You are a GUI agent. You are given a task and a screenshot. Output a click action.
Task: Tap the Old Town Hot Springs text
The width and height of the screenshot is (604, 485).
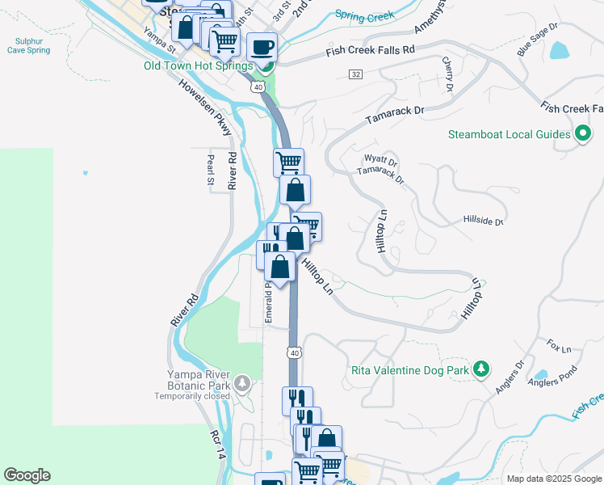tap(198, 66)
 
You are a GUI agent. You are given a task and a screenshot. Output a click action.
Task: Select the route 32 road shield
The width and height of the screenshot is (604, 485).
tap(355, 74)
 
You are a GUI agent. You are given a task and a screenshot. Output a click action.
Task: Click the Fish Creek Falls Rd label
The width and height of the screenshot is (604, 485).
tap(370, 51)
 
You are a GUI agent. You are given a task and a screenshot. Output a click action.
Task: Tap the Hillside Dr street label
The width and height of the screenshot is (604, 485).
tap(483, 221)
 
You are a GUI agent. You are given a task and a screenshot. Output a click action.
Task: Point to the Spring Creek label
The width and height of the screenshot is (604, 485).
tap(363, 15)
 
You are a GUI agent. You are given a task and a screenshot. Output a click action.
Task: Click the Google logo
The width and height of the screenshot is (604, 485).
tap(27, 475)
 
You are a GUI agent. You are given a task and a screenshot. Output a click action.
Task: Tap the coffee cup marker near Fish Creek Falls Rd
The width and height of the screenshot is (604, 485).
tap(261, 47)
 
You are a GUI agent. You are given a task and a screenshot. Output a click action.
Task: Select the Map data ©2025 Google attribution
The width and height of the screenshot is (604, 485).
tap(552, 479)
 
